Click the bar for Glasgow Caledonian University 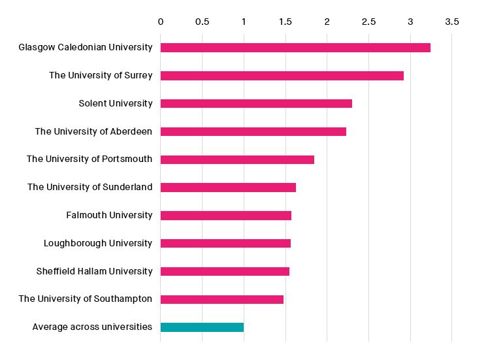click(x=295, y=48)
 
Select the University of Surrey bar click(x=282, y=76)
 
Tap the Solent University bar click(x=256, y=103)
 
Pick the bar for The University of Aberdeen click(x=253, y=131)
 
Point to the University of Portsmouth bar click(x=237, y=159)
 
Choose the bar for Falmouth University click(x=225, y=216)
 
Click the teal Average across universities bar click(x=202, y=327)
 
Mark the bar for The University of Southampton click(x=221, y=299)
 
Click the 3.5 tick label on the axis click(x=452, y=22)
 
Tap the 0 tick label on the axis click(x=161, y=22)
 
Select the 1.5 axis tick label click(x=285, y=22)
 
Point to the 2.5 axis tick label click(x=368, y=22)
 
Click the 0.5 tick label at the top click(x=202, y=22)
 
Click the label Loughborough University click(x=98, y=243)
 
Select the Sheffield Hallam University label click(x=94, y=271)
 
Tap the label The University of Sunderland click(x=89, y=187)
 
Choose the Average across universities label click(x=92, y=327)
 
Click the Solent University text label click(x=115, y=103)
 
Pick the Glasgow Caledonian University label click(x=85, y=47)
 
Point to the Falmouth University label click(x=109, y=215)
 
